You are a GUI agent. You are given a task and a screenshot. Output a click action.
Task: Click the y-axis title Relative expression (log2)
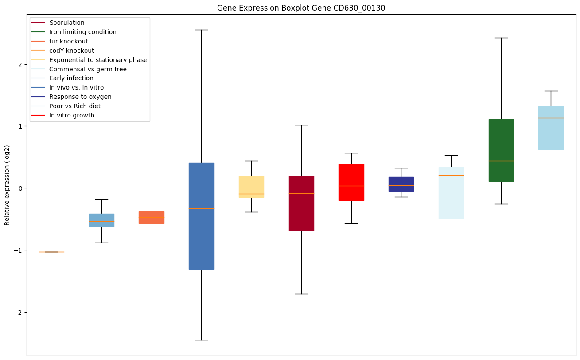tap(7, 185)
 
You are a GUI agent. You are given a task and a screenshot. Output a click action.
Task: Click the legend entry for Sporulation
tap(67, 23)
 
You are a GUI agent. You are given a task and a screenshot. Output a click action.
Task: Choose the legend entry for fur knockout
tap(69, 41)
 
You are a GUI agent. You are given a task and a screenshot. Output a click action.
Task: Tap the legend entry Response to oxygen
tap(80, 97)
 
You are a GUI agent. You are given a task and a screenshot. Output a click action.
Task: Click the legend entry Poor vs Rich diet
tap(75, 106)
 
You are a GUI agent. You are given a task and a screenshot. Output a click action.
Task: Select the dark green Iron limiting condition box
tap(501, 150)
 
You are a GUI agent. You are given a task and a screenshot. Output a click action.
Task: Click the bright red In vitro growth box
tap(351, 182)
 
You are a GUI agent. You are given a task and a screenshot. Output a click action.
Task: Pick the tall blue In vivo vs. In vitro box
tap(202, 216)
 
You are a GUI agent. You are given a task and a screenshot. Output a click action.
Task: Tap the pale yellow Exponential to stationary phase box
tap(251, 187)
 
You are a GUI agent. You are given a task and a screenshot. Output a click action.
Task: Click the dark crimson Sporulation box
tap(301, 203)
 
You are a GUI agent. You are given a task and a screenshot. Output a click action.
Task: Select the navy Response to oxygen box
tap(401, 184)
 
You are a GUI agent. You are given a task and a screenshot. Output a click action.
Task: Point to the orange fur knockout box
tap(152, 217)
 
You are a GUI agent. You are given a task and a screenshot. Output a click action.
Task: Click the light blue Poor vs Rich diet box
tap(551, 128)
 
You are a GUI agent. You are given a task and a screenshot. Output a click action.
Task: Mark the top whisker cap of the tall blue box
tap(202, 30)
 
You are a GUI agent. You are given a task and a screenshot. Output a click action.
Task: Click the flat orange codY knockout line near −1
tap(51, 252)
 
